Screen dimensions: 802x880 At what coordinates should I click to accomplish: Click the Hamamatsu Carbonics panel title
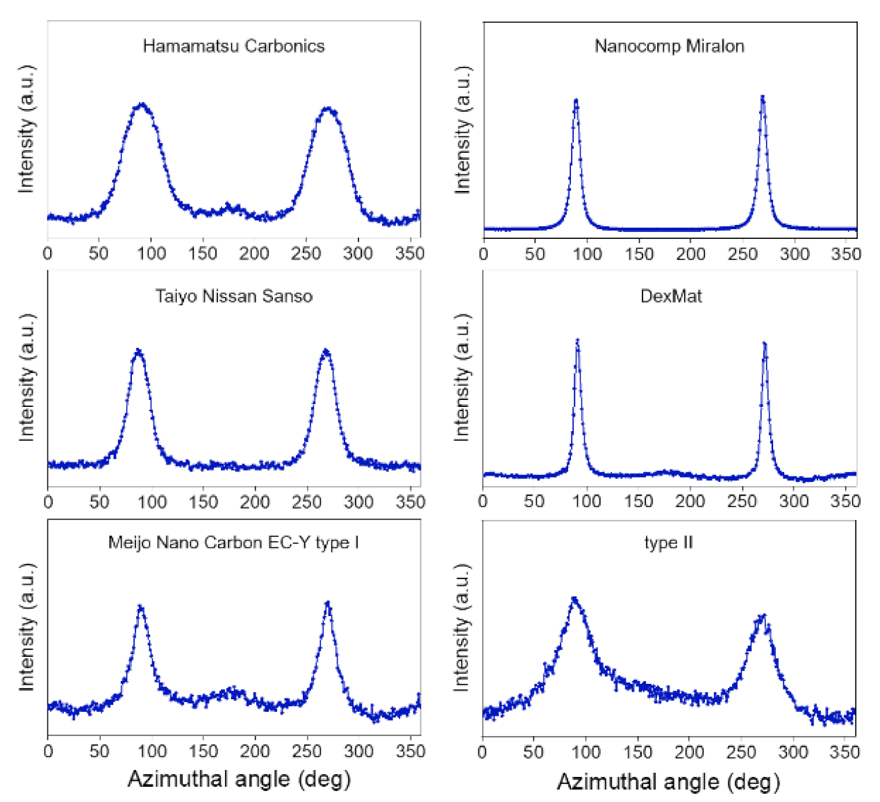[x=233, y=46]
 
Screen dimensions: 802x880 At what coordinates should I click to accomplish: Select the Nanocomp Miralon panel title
[x=669, y=46]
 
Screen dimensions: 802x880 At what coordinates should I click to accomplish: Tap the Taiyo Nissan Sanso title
[x=233, y=296]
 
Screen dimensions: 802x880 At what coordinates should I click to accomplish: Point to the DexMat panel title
[x=670, y=296]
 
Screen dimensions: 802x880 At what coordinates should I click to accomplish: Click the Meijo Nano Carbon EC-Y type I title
[x=233, y=542]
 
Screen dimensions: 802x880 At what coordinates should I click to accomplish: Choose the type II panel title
[x=668, y=542]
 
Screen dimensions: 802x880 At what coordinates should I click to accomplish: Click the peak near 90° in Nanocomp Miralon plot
[x=576, y=101]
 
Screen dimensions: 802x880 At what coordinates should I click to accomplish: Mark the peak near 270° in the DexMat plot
[x=764, y=344]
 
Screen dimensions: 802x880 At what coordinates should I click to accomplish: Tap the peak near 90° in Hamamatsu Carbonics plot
[x=142, y=105]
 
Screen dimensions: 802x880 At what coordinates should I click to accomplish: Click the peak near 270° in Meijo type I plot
[x=328, y=604]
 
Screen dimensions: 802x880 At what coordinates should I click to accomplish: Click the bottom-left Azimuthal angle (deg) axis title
[x=239, y=779]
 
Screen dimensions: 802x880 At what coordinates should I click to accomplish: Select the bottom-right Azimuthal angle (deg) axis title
[x=668, y=782]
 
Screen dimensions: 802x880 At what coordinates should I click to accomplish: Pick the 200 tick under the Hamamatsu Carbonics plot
[x=254, y=253]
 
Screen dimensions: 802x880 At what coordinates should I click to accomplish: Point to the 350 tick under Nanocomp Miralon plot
[x=845, y=254]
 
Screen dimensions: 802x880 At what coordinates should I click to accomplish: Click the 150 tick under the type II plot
[x=638, y=752]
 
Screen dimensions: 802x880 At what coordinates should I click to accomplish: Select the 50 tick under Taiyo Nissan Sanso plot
[x=99, y=501]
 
